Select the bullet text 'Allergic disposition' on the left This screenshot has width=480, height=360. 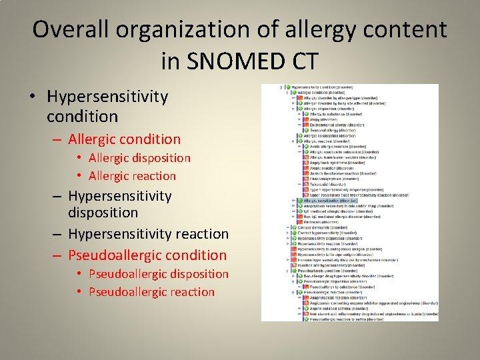tap(139, 158)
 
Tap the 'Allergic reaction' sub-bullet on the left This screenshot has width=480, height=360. tap(132, 176)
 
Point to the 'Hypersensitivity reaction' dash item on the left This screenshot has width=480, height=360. tap(148, 234)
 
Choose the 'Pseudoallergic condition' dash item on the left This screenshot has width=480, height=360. tap(147, 255)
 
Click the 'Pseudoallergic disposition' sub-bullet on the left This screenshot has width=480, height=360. tap(158, 274)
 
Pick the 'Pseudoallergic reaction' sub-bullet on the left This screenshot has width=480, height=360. tap(151, 292)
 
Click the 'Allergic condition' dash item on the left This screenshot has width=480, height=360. tap(124, 139)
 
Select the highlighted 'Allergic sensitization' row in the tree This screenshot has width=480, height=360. tap(331, 200)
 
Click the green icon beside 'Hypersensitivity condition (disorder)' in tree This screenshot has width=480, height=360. tap(289, 87)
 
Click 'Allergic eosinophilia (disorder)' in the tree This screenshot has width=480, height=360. tap(332, 136)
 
